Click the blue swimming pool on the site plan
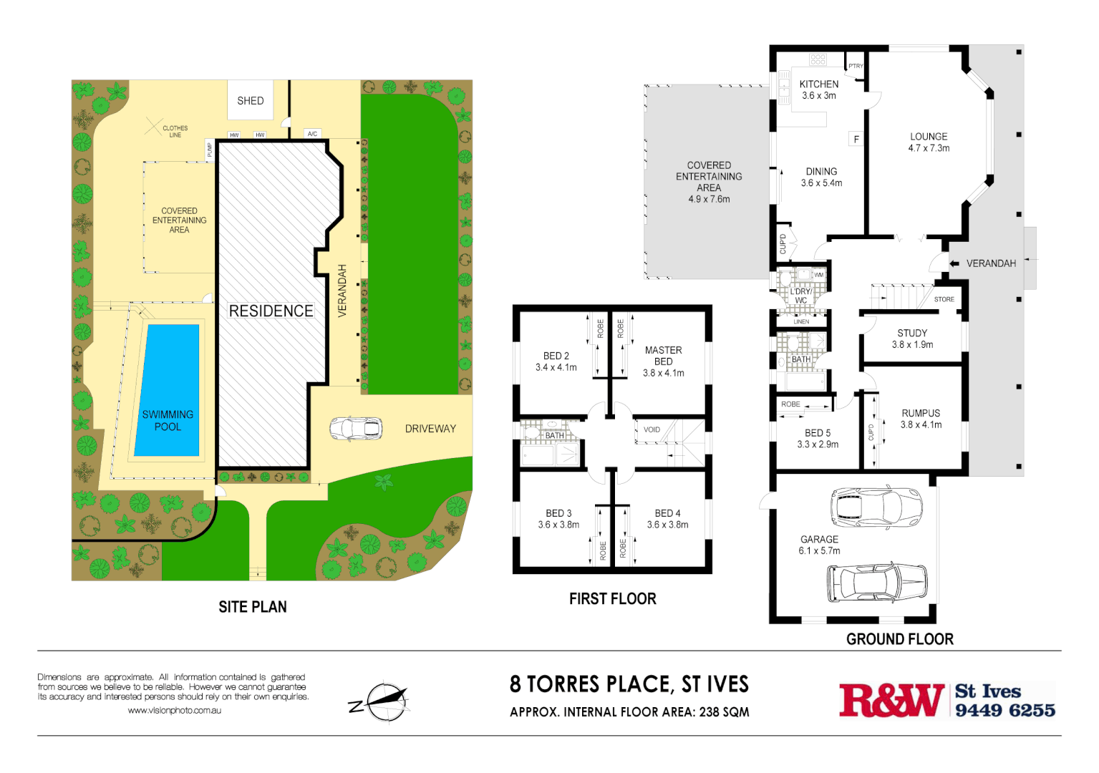pos(168,390)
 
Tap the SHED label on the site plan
pos(251,101)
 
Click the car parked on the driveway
pos(355,429)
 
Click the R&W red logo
pos(891,700)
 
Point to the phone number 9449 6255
pos(1004,710)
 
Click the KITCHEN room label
pos(818,84)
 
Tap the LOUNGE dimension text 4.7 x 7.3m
pos(929,148)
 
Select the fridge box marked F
pos(856,140)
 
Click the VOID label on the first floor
pos(652,429)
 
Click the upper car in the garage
pos(876,506)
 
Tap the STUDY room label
pos(912,333)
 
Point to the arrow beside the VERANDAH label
pos(954,263)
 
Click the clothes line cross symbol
pos(153,127)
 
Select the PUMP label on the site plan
pos(210,150)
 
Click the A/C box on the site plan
pos(312,134)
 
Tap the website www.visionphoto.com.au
pos(174,711)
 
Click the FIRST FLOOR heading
pos(612,599)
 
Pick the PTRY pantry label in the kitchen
pos(856,66)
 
